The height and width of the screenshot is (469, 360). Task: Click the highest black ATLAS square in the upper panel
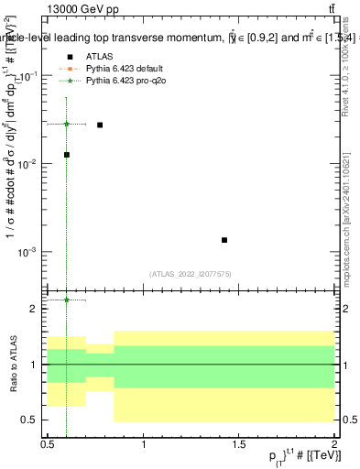click(x=100, y=125)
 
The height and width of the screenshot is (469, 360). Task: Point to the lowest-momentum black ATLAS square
click(x=67, y=155)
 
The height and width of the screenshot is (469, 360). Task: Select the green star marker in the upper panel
click(x=67, y=124)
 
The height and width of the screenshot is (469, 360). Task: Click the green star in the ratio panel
click(x=67, y=300)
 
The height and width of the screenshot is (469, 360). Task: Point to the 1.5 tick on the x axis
click(x=239, y=443)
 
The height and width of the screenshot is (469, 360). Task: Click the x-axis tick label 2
click(x=334, y=443)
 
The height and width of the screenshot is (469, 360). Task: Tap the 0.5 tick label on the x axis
click(x=48, y=443)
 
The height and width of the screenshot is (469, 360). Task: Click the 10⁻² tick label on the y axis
click(x=27, y=164)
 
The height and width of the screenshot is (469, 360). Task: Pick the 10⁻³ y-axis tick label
click(x=27, y=252)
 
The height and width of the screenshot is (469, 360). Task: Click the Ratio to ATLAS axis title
click(x=14, y=365)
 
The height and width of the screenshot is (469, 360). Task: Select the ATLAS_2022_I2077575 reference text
click(x=190, y=273)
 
